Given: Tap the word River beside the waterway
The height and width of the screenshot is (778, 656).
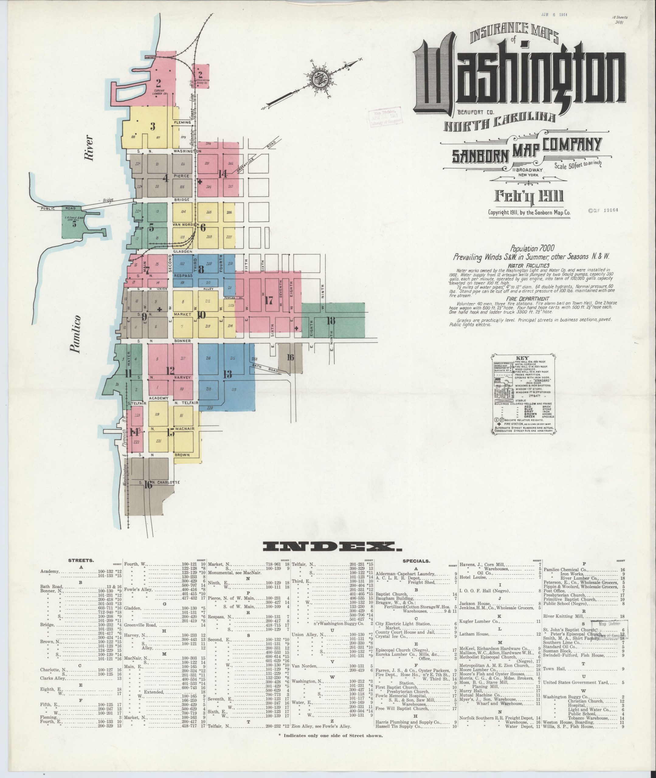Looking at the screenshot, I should pos(88,148).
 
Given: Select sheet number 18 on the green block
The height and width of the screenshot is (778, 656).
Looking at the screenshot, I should pos(331,320).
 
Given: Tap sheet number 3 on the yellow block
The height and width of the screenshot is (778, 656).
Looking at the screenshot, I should pos(153,126).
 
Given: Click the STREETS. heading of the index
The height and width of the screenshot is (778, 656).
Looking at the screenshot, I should pos(81,560).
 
